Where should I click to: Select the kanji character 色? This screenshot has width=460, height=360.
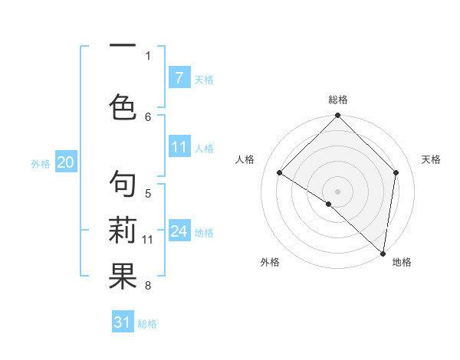point(123,106)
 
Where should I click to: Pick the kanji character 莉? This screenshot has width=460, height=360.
point(123,231)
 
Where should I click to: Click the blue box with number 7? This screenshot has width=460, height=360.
point(179,78)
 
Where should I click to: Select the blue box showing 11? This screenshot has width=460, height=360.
point(179,147)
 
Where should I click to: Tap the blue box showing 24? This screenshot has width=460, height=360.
point(179,231)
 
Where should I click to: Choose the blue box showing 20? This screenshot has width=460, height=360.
point(65,162)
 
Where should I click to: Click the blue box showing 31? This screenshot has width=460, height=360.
point(123,322)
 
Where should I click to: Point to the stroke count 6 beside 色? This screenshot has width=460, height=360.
point(148,116)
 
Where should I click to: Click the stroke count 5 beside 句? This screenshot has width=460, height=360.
point(148,194)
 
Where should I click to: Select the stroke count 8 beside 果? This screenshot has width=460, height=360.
point(148,286)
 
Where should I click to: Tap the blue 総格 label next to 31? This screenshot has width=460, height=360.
point(147,324)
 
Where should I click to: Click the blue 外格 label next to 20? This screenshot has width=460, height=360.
point(41,163)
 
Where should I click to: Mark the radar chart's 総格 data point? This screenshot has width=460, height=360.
point(338,116)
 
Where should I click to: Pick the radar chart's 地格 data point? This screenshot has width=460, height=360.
point(383,252)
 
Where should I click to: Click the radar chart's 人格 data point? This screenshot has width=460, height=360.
point(279,173)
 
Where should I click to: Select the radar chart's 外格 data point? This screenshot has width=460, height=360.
point(329,204)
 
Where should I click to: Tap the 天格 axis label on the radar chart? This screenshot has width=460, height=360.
point(431,159)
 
